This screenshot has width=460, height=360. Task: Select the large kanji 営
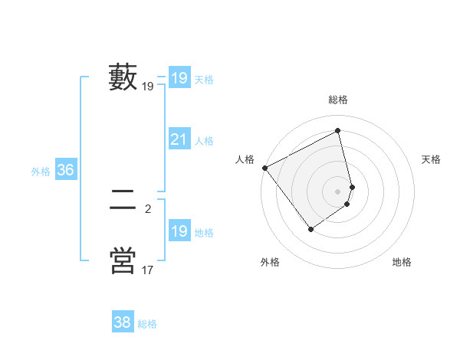tap(123, 260)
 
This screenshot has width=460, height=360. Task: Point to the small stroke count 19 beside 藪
tap(148, 87)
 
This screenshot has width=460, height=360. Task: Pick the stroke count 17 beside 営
tap(148, 270)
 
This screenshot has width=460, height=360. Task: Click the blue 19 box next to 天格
tap(179, 77)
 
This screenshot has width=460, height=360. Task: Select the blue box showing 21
tap(179, 139)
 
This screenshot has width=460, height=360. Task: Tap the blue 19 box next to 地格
tap(179, 231)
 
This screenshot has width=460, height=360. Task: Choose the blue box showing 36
tap(65, 170)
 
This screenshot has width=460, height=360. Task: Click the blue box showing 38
tap(122, 322)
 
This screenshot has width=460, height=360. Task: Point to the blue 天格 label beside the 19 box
tap(204, 79)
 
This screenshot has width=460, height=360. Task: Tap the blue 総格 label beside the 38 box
tap(147, 324)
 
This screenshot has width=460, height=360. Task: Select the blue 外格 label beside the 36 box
tap(41, 172)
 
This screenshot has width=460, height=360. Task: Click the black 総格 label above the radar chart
tap(338, 100)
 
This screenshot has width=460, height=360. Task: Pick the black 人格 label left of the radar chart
tap(245, 159)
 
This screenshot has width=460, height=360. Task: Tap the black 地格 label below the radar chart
tap(402, 262)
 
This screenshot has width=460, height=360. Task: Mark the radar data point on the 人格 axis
tap(264, 168)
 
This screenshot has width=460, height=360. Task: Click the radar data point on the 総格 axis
tap(338, 130)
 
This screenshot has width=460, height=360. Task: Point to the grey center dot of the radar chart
tap(338, 191)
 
